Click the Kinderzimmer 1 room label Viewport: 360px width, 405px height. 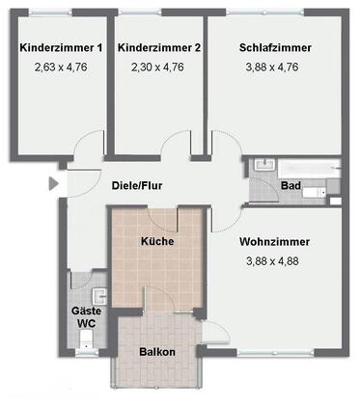click(x=61, y=48)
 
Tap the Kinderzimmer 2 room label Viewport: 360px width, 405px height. click(x=159, y=48)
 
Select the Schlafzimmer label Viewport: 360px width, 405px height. click(x=275, y=47)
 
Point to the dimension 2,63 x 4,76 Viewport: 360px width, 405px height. click(x=61, y=67)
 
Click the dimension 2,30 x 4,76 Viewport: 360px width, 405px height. click(x=157, y=67)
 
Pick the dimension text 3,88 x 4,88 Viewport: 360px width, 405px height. click(x=272, y=261)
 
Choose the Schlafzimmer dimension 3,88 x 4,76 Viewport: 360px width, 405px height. click(x=272, y=67)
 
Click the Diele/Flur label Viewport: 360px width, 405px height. click(x=137, y=185)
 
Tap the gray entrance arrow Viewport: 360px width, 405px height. click(x=53, y=183)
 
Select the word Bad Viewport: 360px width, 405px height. click(x=291, y=185)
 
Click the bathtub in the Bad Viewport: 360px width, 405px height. click(x=309, y=168)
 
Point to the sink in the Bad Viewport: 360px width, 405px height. click(x=264, y=165)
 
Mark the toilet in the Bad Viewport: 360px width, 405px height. click(x=315, y=192)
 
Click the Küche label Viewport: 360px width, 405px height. click(x=157, y=241)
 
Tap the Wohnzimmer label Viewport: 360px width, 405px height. click(x=274, y=242)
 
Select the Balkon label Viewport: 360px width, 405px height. click(x=157, y=352)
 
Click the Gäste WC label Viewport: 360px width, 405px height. click(x=86, y=317)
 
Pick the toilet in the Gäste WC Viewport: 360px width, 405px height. click(x=86, y=339)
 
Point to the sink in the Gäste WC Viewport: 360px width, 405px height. click(x=99, y=296)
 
